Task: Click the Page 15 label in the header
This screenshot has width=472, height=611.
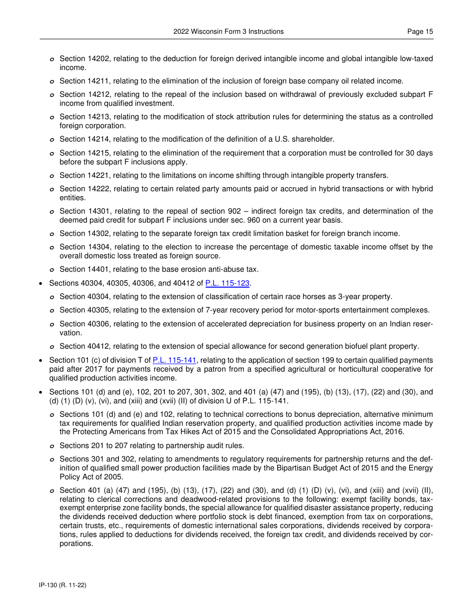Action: click(420, 32)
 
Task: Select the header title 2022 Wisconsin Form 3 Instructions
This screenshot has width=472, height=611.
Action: click(229, 32)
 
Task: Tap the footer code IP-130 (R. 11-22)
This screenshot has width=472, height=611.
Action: click(63, 586)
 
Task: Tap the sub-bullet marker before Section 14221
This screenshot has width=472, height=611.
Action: click(52, 176)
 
